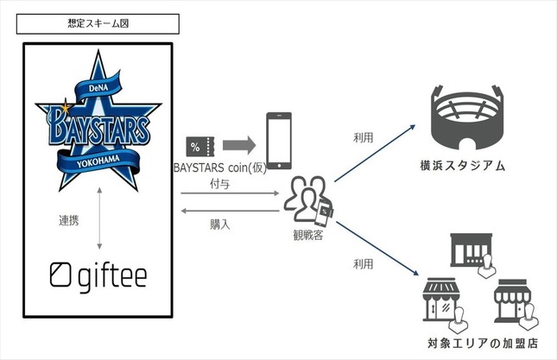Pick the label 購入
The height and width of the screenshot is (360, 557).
(x=220, y=223)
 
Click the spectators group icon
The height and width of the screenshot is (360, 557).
(x=307, y=198)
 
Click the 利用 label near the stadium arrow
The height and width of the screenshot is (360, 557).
(x=364, y=138)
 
